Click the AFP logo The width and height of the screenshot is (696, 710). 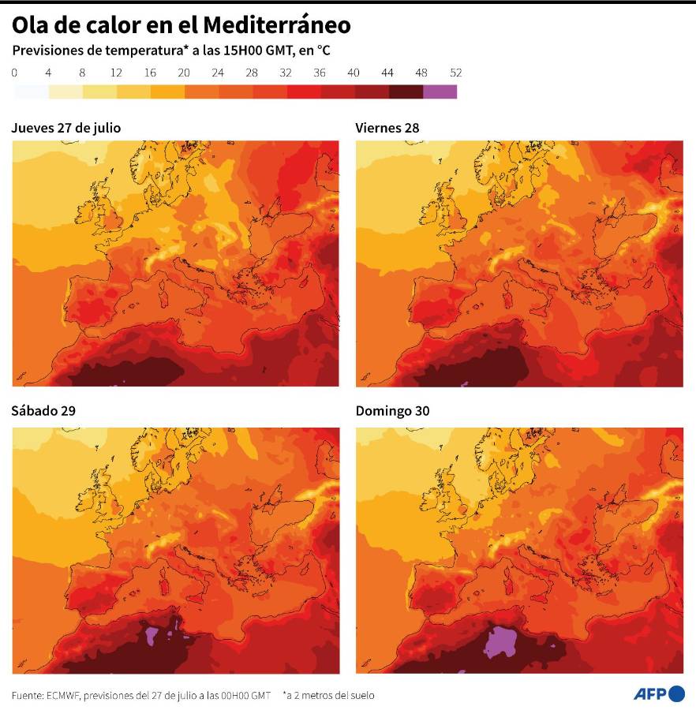click(x=659, y=693)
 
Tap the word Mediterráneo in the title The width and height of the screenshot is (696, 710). click(x=277, y=25)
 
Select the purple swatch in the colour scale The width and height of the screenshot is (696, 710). click(x=440, y=92)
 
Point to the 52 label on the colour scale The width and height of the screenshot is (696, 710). click(x=455, y=73)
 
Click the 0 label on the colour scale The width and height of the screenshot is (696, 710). click(x=14, y=73)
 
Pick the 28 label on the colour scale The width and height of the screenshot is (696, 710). click(x=252, y=73)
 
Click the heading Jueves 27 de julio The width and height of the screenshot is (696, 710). click(x=66, y=127)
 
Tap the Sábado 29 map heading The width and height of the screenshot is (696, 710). click(x=43, y=411)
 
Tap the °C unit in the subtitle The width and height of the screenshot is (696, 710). click(x=323, y=50)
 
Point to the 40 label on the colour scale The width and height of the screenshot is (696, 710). click(x=354, y=73)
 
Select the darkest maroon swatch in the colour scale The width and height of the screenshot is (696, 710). click(x=406, y=92)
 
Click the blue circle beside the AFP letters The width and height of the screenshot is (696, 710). click(x=676, y=693)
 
